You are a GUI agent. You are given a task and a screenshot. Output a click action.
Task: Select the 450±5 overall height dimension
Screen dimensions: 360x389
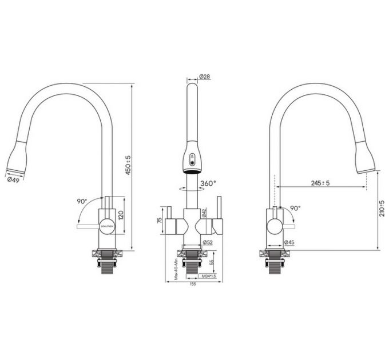tap(129, 166)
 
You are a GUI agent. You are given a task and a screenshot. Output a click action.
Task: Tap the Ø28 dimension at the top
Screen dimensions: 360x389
tap(205, 77)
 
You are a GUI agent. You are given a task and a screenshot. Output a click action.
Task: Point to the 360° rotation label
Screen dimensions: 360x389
tap(208, 183)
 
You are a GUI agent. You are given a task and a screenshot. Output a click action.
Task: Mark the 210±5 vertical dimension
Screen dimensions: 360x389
tap(383, 209)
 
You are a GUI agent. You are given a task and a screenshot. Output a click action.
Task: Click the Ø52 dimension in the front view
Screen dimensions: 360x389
tap(207, 242)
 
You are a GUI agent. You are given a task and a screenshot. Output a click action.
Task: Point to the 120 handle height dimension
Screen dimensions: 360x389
tap(121, 215)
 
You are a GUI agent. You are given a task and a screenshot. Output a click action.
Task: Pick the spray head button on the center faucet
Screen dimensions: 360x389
tap(193, 159)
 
